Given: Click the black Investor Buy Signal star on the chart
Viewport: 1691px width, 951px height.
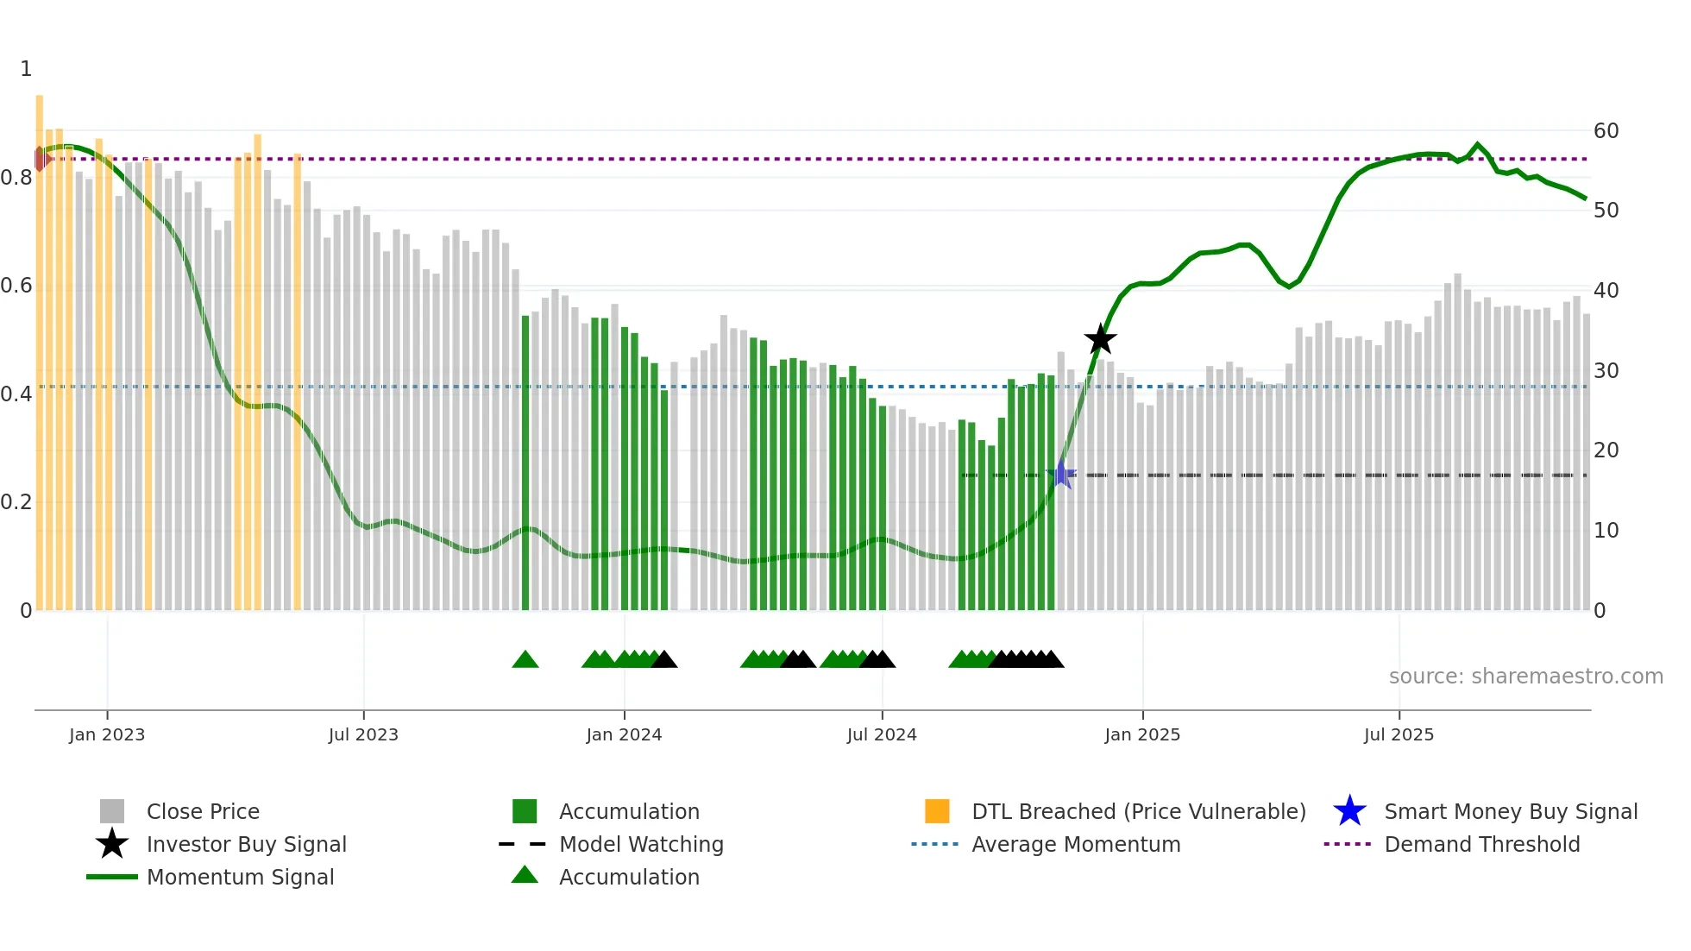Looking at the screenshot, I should (1100, 339).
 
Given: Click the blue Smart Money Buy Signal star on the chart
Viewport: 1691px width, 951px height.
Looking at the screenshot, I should (1061, 475).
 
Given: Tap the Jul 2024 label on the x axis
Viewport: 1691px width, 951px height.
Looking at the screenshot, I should (882, 734).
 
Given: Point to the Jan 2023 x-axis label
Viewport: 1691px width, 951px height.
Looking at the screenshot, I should (107, 734).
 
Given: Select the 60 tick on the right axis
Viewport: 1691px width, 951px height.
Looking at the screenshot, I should (1606, 131).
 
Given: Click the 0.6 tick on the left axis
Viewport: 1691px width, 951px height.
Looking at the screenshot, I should (16, 286).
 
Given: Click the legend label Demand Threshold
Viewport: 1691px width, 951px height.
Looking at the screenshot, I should (1481, 844).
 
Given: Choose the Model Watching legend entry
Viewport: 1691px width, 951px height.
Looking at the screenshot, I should (641, 844).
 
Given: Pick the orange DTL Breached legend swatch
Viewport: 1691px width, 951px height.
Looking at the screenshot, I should (937, 811).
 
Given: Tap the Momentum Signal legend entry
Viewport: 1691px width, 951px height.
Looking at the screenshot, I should (240, 877).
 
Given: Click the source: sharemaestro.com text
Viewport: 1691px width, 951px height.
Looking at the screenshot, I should (1525, 677).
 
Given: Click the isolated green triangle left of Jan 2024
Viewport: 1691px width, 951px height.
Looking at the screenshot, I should (525, 660).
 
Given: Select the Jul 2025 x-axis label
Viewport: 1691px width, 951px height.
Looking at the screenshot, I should (1399, 734).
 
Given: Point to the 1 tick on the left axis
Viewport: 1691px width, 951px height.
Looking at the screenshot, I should (26, 69).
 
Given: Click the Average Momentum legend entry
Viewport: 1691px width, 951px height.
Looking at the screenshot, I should (1075, 844).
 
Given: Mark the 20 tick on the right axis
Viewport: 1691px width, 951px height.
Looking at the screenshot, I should (1606, 450).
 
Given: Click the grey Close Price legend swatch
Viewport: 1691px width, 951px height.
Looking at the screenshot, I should (112, 811).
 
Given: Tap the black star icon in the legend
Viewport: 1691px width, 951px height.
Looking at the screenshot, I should (112, 844).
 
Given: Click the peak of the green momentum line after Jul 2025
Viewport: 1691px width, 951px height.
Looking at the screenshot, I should (1477, 144).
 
